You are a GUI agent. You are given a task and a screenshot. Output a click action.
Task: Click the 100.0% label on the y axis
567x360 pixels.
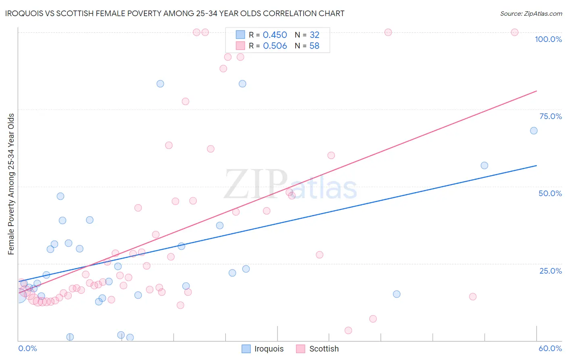tap(548, 39)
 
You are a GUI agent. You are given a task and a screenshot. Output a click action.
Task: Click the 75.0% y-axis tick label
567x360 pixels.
tap(550, 116)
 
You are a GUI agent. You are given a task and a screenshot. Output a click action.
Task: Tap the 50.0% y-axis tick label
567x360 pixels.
tap(550, 193)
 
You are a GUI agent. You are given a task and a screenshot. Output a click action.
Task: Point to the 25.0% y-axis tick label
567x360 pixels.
tap(550, 271)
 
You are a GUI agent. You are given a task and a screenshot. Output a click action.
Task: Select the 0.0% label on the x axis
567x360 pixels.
tap(27, 348)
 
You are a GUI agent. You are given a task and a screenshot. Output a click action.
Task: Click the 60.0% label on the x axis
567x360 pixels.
tap(550, 348)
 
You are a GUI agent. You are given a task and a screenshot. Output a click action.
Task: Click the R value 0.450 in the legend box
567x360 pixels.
tap(275, 35)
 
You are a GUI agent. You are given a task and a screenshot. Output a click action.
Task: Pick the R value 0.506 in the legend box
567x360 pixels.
tap(275, 46)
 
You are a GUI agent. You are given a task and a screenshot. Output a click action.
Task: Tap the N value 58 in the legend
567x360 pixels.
tap(314, 46)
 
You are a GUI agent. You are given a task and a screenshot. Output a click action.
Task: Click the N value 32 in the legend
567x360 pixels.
tap(314, 35)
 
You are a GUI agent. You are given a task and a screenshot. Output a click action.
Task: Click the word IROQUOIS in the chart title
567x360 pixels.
tap(23, 13)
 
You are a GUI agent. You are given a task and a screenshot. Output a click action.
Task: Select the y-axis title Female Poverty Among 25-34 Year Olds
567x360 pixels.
tap(11, 184)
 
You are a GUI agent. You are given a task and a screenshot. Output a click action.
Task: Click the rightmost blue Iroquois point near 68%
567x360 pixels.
tap(534, 131)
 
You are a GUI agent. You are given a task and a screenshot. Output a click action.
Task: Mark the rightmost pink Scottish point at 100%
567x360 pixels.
tap(515, 32)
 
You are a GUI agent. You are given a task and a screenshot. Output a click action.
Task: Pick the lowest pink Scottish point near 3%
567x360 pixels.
tap(348, 331)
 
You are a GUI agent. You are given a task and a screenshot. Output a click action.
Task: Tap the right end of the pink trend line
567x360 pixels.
tap(536, 91)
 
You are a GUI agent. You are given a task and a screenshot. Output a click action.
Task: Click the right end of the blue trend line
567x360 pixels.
tap(536, 165)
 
